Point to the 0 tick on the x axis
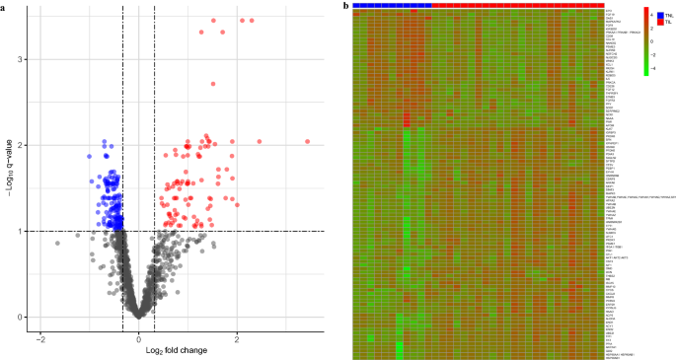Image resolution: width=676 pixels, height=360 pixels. coord(138,338)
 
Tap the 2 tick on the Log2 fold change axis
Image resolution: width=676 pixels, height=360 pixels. coord(237,338)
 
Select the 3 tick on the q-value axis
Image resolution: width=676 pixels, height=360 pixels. coord(20,59)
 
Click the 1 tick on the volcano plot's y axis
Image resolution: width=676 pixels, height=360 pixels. coord(20,231)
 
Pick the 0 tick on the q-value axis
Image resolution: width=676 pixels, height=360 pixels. coord(20,317)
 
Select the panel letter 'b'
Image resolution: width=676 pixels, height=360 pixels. coord(343,5)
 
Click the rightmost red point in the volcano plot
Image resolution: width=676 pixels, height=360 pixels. coord(307,141)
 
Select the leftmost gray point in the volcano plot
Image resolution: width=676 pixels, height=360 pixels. coord(57,243)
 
